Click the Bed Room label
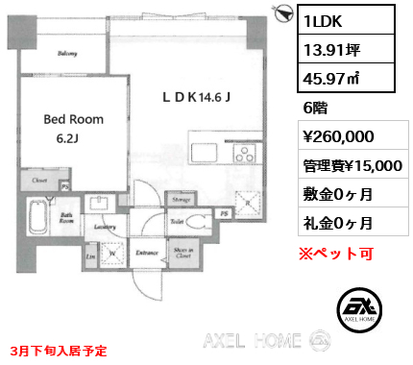pos(73,120)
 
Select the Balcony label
pos(67,54)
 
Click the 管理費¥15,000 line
pos(352,165)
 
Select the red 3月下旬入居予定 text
pos(60,352)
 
